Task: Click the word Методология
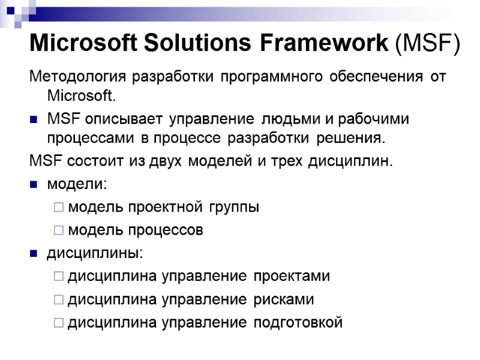coord(78,78)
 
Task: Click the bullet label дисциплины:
coord(95,253)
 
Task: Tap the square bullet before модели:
coord(34,185)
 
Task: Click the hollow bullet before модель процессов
coord(58,230)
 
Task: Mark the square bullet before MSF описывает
coord(34,119)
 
